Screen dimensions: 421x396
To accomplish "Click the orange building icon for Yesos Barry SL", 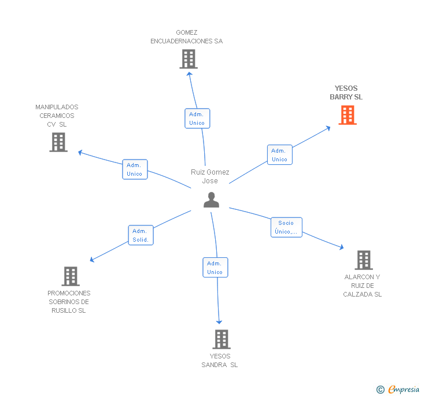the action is point(348,115).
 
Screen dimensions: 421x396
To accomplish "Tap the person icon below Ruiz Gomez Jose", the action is point(211,200).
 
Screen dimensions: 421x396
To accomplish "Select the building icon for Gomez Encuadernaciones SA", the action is point(189,59).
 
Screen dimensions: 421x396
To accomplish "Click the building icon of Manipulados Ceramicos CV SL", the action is point(58,142).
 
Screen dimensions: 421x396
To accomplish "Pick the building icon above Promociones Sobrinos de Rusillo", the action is point(71,276).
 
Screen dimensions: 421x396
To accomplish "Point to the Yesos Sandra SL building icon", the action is point(221,339).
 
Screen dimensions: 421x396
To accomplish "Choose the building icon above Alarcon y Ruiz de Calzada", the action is point(364,260).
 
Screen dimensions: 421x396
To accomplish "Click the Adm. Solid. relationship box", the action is point(141,235).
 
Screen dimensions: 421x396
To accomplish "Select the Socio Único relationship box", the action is point(286,227).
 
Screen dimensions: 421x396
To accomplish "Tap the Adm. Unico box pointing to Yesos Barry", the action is point(280,154).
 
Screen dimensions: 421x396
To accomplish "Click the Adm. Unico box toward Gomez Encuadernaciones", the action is point(197,119).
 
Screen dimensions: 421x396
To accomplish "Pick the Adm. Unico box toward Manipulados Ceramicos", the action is point(135,169).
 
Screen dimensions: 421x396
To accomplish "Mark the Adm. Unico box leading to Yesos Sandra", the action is point(215,268).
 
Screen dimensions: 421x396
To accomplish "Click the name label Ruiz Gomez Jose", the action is point(210,176).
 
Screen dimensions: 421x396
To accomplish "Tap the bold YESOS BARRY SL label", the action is point(346,92).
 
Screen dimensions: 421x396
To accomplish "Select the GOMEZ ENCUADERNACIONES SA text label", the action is point(187,37).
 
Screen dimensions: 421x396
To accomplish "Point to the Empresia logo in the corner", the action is point(398,389).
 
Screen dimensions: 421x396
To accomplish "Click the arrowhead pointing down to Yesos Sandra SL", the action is point(219,322).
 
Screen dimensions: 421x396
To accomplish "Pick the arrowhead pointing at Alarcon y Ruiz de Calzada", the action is point(342,247).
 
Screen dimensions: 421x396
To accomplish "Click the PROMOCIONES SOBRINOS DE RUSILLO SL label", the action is point(69,302).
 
